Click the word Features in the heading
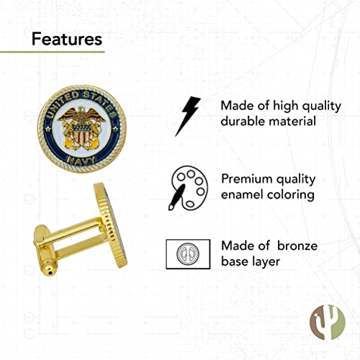(x=67, y=39)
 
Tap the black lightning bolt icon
(x=188, y=117)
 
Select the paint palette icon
(x=189, y=188)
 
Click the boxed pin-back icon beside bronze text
(x=188, y=254)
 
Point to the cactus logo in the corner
(x=328, y=323)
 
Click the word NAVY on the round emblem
(x=81, y=161)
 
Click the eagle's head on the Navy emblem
(x=81, y=109)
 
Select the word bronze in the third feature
(x=297, y=246)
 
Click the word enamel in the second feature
(x=242, y=194)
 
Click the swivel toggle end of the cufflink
(x=45, y=250)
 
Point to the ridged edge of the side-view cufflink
(x=110, y=225)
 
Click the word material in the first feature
(x=292, y=121)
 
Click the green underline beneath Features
(x=52, y=52)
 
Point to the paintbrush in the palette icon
(x=176, y=197)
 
